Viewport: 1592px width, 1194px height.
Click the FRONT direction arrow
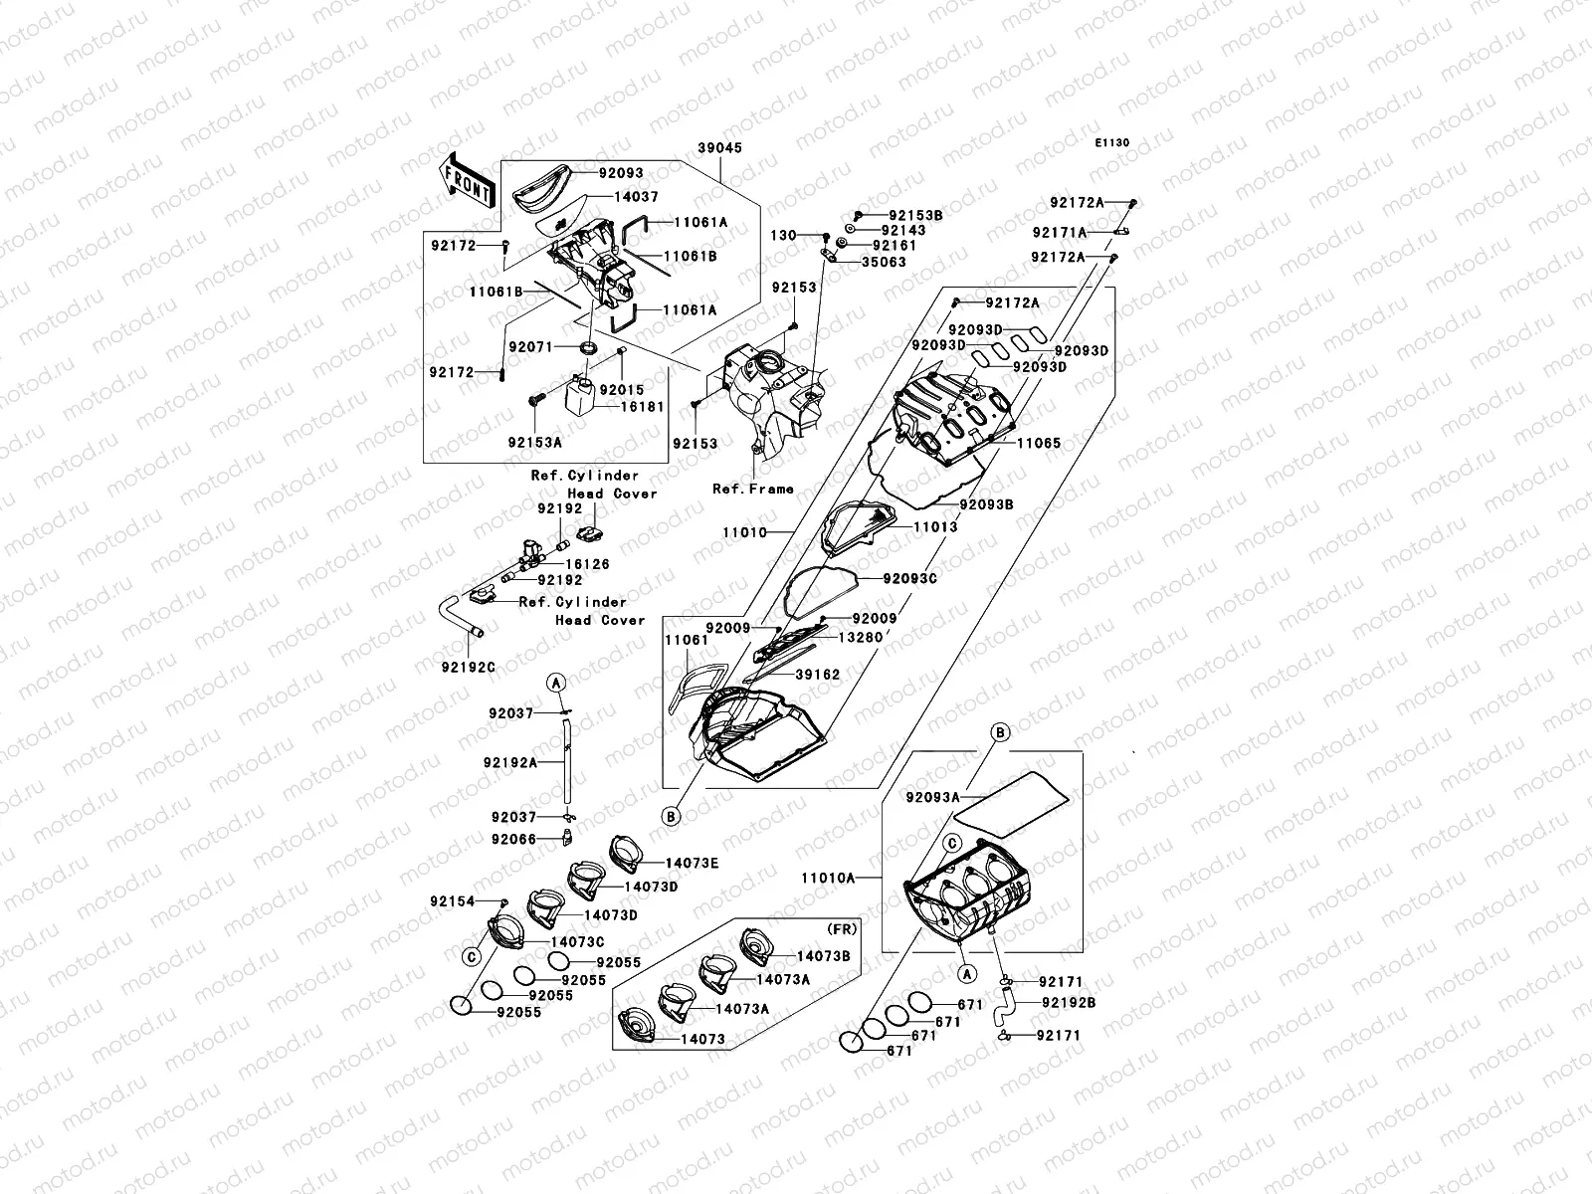coord(467,180)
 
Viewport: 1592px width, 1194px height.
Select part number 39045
coord(720,147)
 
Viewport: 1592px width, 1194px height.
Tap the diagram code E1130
coord(1112,143)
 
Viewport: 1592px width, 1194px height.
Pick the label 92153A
coord(534,442)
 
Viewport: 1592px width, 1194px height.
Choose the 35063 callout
coord(883,262)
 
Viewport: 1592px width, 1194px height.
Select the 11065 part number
coord(1038,445)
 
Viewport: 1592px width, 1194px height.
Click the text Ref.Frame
coord(753,489)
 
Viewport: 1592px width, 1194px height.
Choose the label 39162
coord(817,675)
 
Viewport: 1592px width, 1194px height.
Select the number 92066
coord(512,839)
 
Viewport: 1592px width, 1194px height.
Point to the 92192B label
coord(1069,1003)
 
